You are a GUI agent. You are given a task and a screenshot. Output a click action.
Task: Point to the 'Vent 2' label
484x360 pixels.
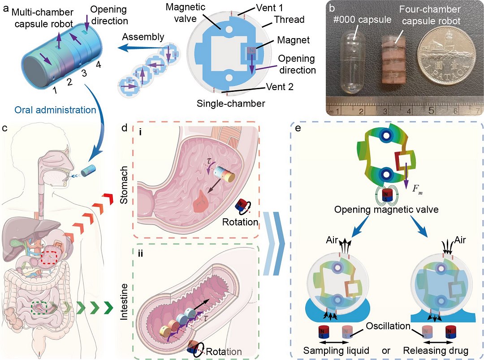(x=278, y=87)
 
